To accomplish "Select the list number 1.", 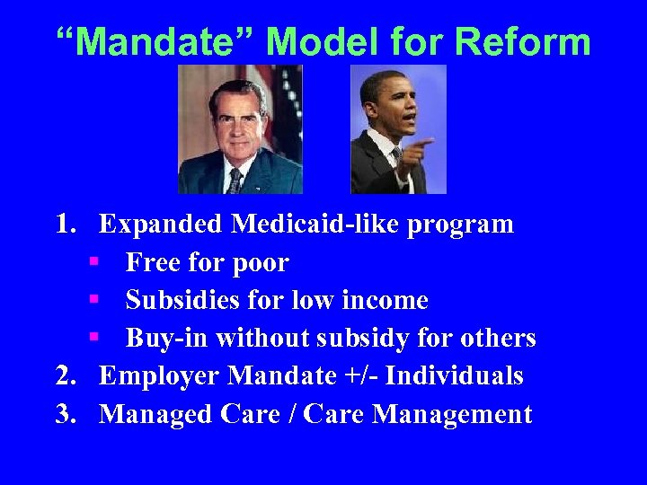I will (66, 224).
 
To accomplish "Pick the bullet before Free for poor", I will (93, 262).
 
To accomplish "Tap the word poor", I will (259, 263).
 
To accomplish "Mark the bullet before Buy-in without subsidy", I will (93, 338).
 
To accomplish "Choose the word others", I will (498, 339).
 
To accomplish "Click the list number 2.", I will (66, 375).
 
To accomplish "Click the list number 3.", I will (66, 414).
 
